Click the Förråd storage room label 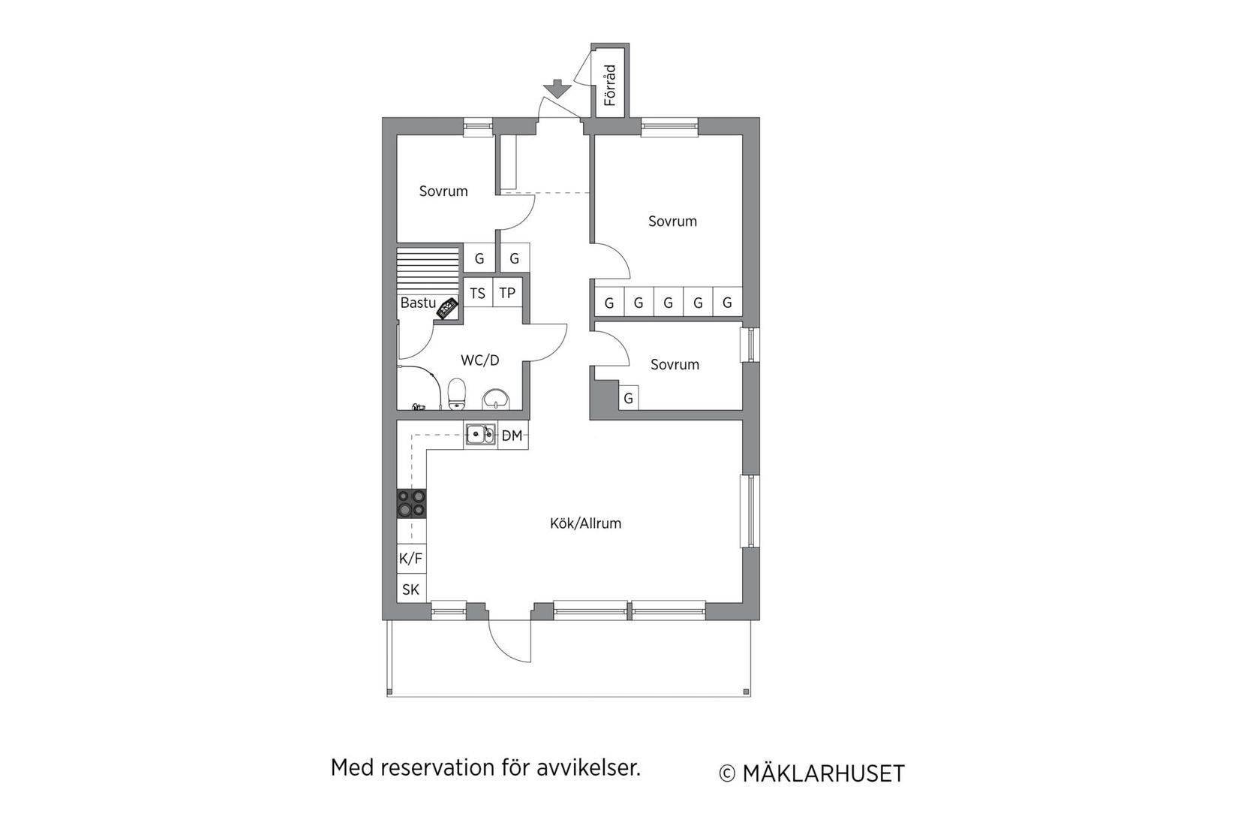coord(610,85)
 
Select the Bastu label coord(418,303)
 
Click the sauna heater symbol coord(448,308)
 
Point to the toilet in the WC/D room coord(457,393)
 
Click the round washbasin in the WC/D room coord(495,399)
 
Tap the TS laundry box coord(478,293)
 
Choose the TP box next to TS coord(508,293)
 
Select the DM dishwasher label coord(512,436)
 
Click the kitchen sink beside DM coord(480,435)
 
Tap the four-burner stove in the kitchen coord(411,503)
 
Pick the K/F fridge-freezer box coord(410,558)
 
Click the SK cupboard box coord(410,589)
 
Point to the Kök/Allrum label coord(585,523)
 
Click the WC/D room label coord(479,360)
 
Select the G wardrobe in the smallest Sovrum coord(629,398)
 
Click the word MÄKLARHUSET coord(823,774)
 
